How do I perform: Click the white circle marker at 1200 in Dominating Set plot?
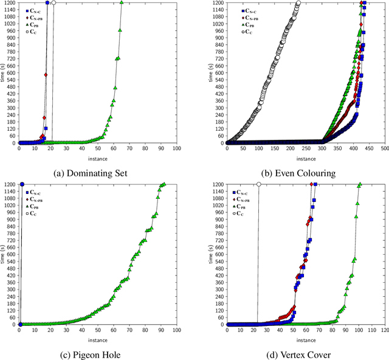click(x=53, y=2)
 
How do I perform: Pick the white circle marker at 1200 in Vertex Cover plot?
click(x=259, y=184)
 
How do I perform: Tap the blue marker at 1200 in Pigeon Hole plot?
click(x=22, y=184)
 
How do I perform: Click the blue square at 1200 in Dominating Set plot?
click(x=47, y=2)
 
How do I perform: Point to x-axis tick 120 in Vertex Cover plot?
click(x=384, y=330)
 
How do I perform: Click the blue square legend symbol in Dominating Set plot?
click(x=28, y=11)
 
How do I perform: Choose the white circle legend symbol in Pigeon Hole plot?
click(x=28, y=212)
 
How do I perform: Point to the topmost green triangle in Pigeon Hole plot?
click(x=164, y=184)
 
